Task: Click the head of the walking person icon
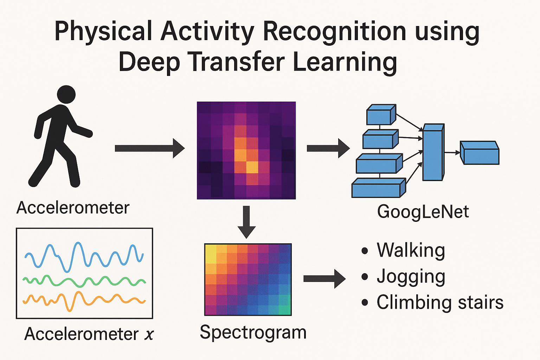[66, 94]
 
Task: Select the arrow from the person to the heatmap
[149, 148]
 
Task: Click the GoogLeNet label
[423, 212]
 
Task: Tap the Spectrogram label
[253, 332]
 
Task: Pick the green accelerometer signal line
[84, 281]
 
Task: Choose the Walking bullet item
[411, 250]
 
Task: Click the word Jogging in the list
[411, 277]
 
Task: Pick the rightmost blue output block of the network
[480, 153]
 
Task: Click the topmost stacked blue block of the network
[380, 115]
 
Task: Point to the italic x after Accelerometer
[149, 334]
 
